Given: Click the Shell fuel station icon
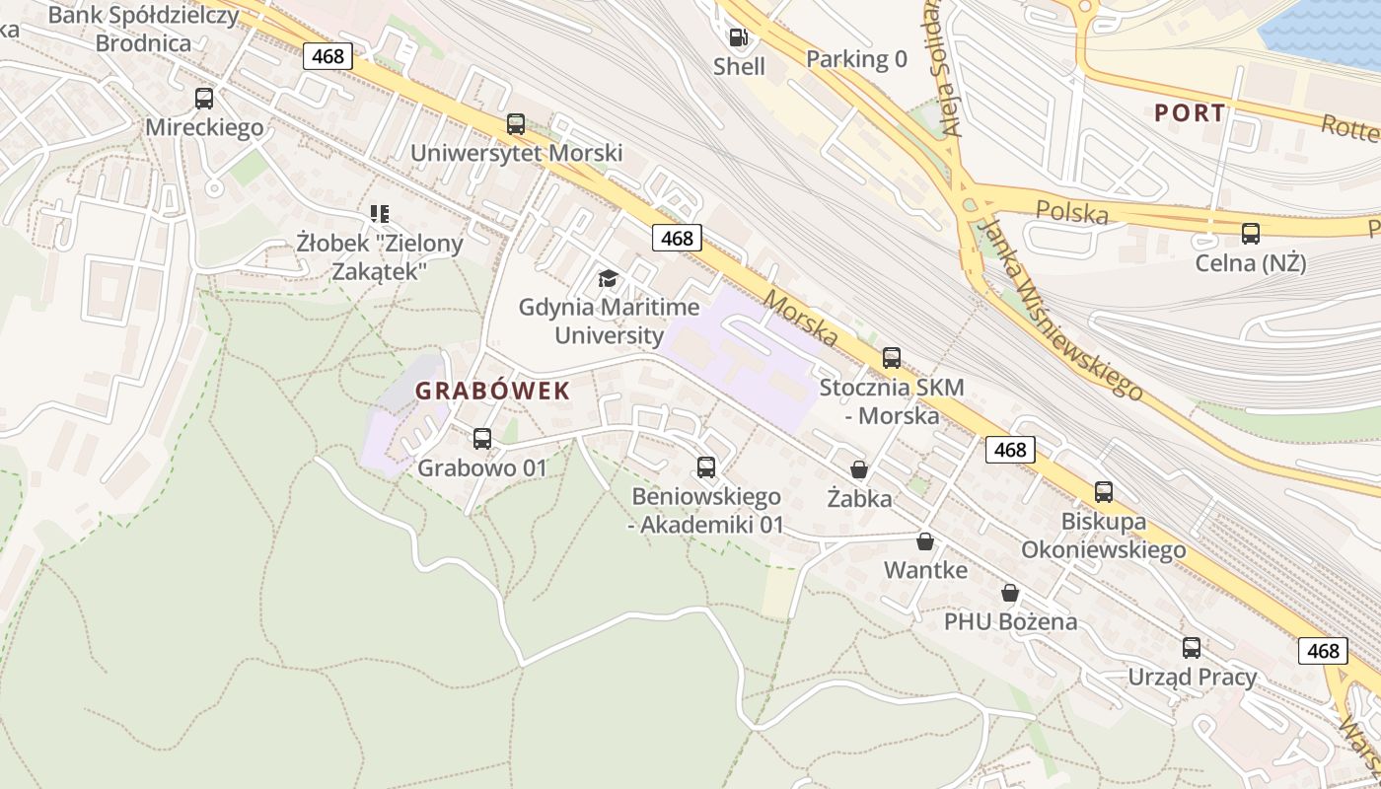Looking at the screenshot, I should point(737,38).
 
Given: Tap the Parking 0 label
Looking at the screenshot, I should point(856,59).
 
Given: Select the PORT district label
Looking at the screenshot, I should point(1190,112).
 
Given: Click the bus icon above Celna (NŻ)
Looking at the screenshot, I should point(1250,234).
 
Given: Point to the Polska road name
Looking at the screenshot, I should point(1072,211).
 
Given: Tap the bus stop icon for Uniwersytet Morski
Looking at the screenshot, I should point(516,124).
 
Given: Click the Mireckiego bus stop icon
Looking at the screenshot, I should point(204,99).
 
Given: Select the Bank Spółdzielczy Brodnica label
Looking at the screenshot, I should point(144,29).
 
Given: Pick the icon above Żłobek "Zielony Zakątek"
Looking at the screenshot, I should point(380,213).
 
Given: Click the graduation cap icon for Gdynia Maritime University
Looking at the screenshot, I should point(608,279).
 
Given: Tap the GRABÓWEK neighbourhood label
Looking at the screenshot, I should point(492,391).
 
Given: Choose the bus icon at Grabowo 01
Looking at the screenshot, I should point(482,439).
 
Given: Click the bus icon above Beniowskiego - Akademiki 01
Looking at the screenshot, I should point(706,467).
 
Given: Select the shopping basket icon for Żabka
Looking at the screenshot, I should point(859,469).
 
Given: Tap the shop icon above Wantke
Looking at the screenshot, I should point(925,541).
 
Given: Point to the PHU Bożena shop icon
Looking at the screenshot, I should point(1010,593).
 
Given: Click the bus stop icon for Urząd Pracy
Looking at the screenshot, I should point(1192,648).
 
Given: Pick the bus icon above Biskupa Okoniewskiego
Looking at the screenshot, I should point(1104,492).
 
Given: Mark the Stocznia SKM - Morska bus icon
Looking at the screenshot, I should point(892,358).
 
